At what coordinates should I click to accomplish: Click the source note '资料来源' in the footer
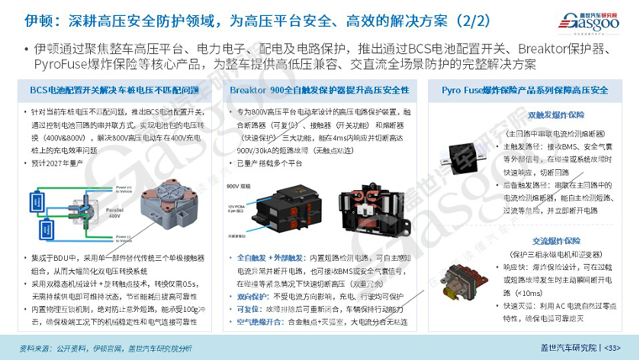(x=34, y=346)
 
